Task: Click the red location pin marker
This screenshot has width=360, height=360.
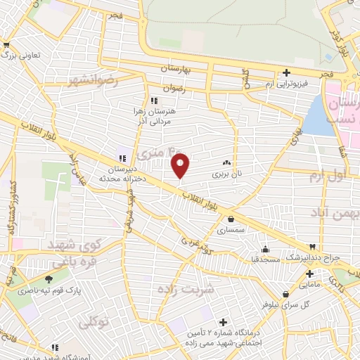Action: pos(181,165)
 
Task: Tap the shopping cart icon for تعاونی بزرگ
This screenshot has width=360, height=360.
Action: pos(10,54)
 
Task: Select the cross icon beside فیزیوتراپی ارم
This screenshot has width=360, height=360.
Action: pos(286,72)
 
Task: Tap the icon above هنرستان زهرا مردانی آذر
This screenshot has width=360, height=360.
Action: pos(154,100)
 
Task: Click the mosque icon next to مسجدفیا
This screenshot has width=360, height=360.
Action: pos(264,249)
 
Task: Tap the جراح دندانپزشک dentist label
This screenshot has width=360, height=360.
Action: pos(316,257)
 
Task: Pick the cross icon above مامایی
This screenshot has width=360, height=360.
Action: pos(309,273)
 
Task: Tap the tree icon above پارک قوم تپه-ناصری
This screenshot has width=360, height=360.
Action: pos(49,279)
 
